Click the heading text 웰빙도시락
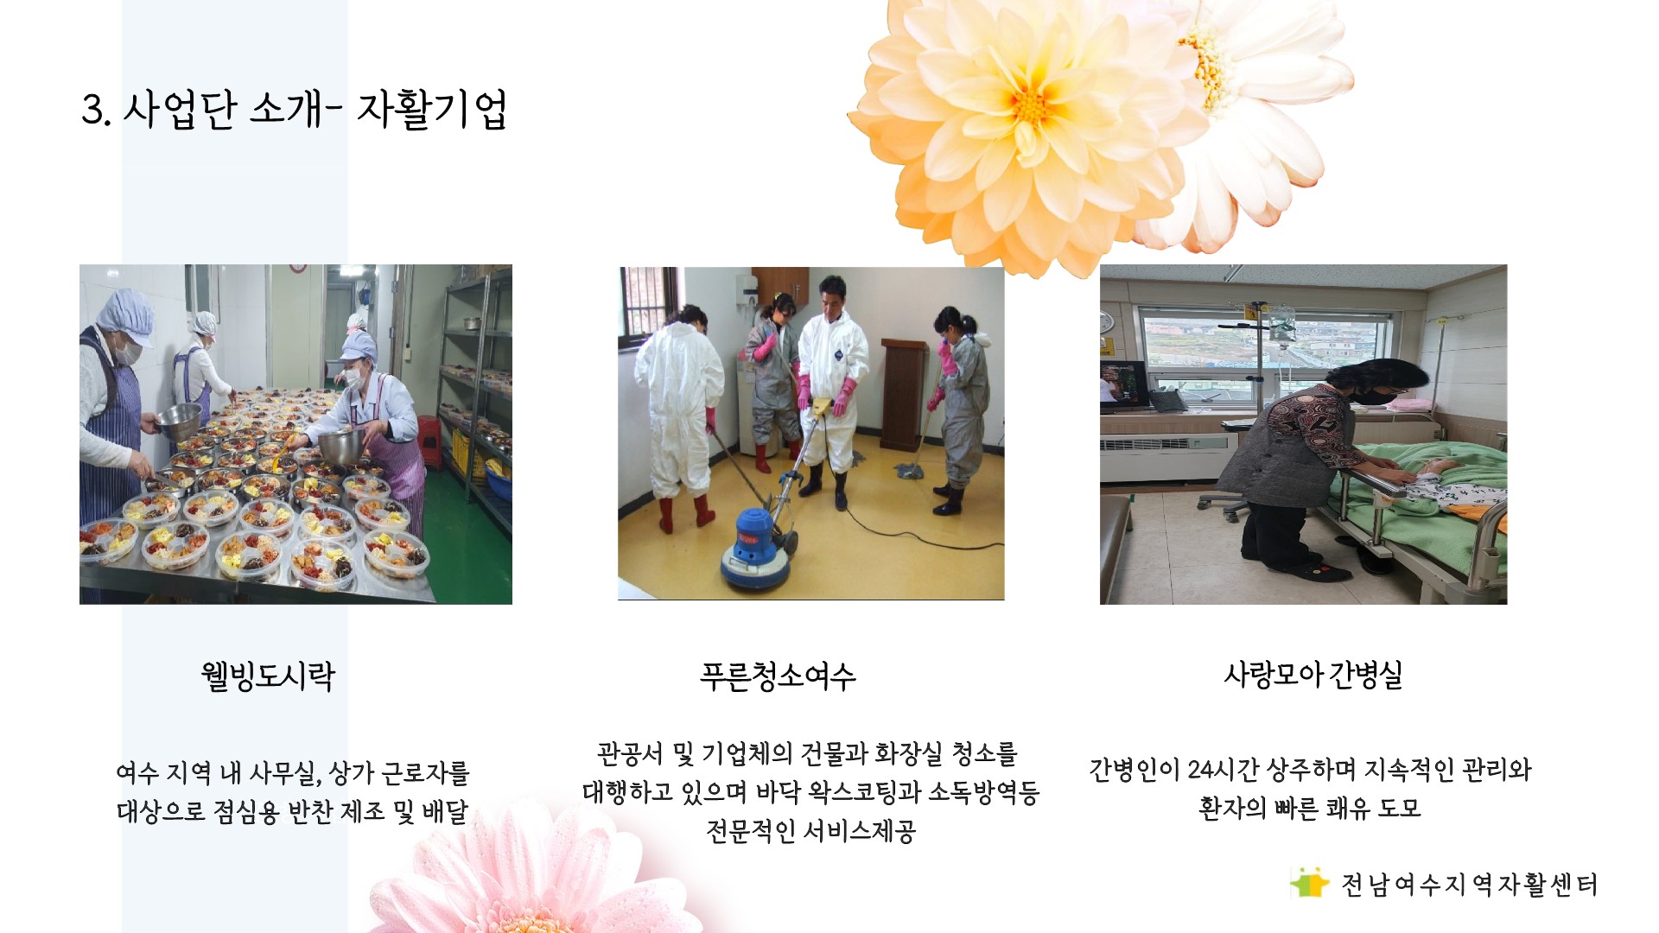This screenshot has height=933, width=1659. (268, 676)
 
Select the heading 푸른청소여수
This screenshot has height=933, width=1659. (778, 676)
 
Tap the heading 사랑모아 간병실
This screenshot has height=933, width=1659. (1313, 674)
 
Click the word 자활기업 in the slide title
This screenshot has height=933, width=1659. (431, 110)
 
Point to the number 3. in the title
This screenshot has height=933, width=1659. (96, 111)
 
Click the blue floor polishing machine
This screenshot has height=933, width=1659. (755, 548)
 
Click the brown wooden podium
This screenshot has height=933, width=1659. (904, 393)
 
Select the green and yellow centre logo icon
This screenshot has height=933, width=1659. (1310, 883)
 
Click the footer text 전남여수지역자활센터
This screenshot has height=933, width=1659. (1469, 885)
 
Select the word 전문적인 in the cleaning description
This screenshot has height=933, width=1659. (750, 831)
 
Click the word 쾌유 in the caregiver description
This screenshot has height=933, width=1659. (1348, 808)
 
